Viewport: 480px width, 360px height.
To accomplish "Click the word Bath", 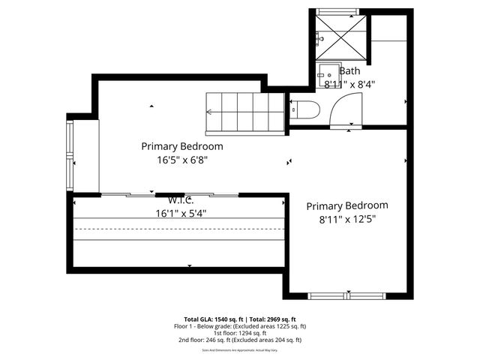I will pyautogui.click(x=349, y=71).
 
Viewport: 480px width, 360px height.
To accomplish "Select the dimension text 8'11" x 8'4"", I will pyautogui.click(x=349, y=85).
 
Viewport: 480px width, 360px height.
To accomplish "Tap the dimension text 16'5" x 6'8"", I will pyautogui.click(x=181, y=160).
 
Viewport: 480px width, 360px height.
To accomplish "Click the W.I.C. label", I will pyautogui.click(x=181, y=200).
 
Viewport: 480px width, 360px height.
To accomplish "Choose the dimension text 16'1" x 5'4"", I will pyautogui.click(x=181, y=213).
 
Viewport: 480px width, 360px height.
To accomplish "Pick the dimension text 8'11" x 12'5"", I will pyautogui.click(x=346, y=219).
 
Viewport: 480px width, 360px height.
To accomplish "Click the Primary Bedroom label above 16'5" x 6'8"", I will pyautogui.click(x=181, y=146).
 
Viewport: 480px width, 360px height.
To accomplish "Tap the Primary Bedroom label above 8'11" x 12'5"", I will pyautogui.click(x=346, y=205).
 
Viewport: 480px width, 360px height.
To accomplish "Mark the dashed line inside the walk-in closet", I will pyautogui.click(x=180, y=228).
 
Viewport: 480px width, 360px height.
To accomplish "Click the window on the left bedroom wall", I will pyautogui.click(x=70, y=157).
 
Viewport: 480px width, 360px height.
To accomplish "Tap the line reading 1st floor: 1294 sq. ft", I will pyautogui.click(x=240, y=333).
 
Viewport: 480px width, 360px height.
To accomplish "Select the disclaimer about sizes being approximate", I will pyautogui.click(x=240, y=349).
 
